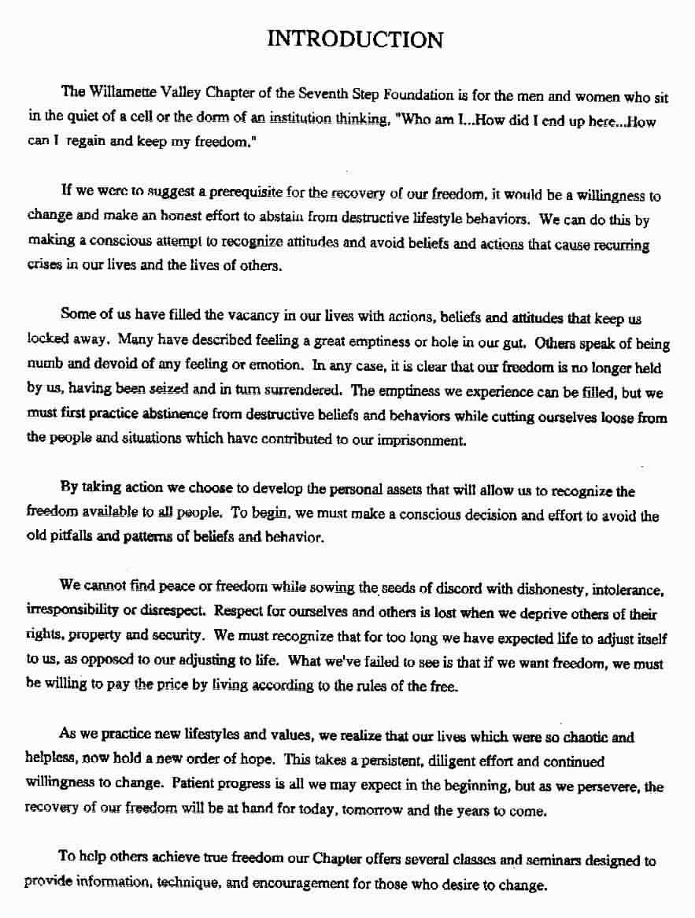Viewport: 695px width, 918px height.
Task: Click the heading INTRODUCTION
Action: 355,39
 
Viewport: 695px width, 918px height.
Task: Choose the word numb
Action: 44,366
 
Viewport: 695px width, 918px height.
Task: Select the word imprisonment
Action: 423,441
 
